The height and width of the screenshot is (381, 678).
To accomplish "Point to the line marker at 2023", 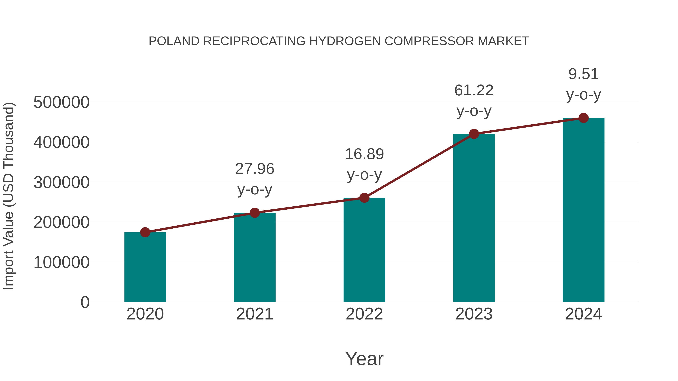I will click(474, 134).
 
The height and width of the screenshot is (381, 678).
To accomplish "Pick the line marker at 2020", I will click(145, 232).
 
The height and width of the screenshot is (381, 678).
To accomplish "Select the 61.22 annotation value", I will click(474, 90).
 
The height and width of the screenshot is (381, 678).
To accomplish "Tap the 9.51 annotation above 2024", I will click(583, 74).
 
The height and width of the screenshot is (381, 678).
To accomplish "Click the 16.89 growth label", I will click(364, 154).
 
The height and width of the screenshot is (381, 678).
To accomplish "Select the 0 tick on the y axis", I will click(85, 302).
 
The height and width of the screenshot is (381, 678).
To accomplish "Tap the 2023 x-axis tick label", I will click(474, 314).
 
